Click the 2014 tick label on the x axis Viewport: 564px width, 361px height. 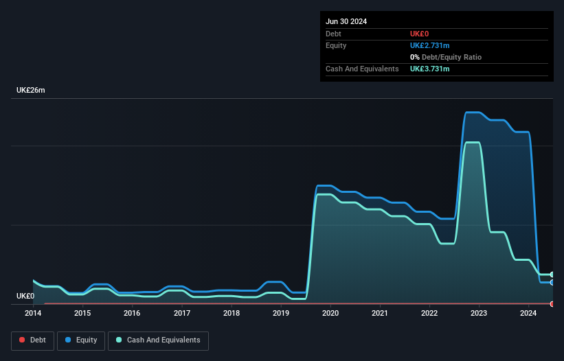coord(33,314)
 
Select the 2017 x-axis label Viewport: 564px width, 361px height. coord(182,314)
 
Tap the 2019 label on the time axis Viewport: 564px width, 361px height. coord(281,314)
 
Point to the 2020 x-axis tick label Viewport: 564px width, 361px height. coord(330,314)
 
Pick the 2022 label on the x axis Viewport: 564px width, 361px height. coord(429,314)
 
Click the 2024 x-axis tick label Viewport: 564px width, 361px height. coord(528,314)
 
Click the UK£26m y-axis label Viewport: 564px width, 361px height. coord(31,91)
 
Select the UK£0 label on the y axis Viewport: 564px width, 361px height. coord(25,296)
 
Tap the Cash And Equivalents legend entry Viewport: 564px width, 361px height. coord(158,340)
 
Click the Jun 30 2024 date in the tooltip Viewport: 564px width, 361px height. coord(346,21)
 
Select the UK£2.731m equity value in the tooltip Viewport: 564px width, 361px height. coord(429,45)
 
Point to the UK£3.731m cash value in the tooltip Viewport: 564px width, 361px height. coord(429,69)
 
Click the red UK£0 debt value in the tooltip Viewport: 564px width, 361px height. coord(419,34)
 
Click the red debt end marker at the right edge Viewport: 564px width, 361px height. coord(552,303)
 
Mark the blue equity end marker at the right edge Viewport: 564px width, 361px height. coord(552,282)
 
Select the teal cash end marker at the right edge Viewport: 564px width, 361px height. coord(552,275)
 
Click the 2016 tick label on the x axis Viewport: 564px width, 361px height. coord(132,314)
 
